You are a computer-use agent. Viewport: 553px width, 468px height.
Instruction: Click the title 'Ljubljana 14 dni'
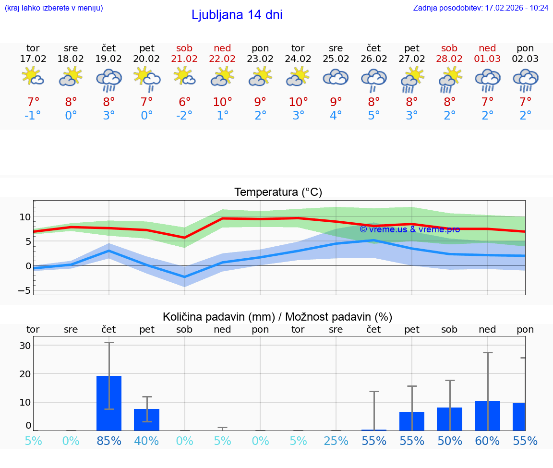pos(237,15)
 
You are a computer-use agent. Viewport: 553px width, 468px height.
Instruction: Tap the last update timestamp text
pos(481,8)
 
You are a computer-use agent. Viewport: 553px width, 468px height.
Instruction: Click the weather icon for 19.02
pos(109,80)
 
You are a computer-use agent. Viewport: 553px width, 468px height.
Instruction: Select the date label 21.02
pos(184,59)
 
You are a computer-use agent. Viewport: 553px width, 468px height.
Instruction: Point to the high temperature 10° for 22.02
pos(222,102)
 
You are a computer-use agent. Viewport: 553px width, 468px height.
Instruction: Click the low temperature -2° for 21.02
pos(184,115)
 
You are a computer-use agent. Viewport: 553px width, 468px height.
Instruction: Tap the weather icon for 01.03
pos(487,80)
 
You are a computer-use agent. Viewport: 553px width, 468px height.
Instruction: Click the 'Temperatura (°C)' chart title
pos(278,192)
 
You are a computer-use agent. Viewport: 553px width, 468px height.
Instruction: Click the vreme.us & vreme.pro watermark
pos(409,229)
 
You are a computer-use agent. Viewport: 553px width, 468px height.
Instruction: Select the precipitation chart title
pos(277,317)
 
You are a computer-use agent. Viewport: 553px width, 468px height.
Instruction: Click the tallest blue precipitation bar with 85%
pos(109,403)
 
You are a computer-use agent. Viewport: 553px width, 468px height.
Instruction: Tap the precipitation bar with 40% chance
pos(146,420)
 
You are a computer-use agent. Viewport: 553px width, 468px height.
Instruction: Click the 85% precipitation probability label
pos(109,441)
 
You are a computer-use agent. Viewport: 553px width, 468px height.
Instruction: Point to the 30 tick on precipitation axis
pos(25,345)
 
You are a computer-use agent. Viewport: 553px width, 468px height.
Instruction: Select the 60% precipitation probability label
pos(487,441)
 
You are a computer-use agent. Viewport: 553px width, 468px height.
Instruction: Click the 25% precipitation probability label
pos(336,441)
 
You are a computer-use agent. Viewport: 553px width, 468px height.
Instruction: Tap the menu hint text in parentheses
pos(54,8)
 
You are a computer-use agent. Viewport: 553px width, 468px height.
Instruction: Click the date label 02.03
pos(525,59)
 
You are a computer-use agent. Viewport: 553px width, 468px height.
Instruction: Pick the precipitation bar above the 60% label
pos(487,416)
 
